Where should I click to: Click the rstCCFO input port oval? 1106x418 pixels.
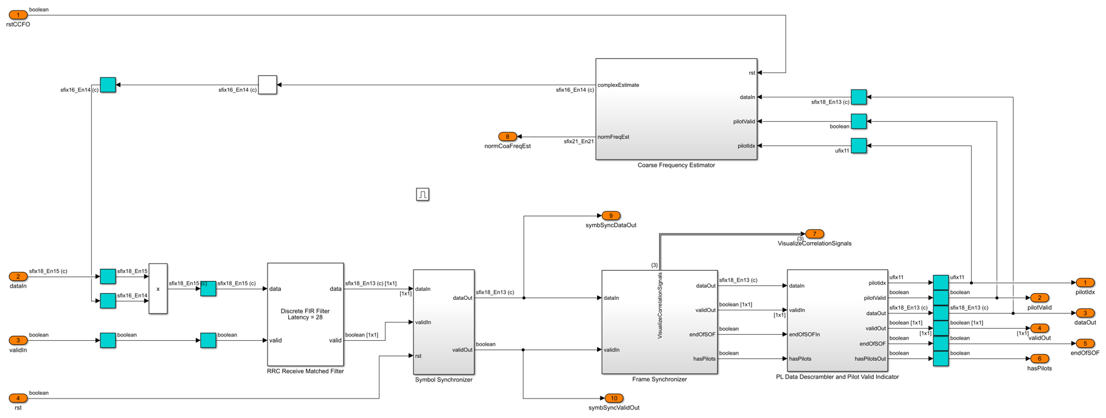18,15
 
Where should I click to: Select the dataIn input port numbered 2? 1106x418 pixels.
18,277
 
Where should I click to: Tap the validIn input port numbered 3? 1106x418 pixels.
18,341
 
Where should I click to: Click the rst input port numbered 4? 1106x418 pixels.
18,399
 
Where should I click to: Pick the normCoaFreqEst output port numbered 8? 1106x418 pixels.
508,137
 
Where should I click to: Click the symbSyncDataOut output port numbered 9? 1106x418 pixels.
611,216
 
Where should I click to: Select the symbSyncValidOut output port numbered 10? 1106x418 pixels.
614,399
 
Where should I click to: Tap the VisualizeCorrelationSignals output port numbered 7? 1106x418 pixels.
815,234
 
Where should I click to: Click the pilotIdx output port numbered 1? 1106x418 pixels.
1085,283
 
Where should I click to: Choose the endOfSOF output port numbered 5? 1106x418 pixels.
1085,344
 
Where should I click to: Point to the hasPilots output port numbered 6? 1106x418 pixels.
1040,359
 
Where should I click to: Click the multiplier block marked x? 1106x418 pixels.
158,289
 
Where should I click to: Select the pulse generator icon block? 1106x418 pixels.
423,194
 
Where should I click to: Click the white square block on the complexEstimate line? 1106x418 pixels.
268,85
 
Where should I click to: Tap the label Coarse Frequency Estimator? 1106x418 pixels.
676,165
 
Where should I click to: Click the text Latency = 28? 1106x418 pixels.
305,318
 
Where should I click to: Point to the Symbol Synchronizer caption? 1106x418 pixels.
444,380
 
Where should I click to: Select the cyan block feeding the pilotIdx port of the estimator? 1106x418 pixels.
859,146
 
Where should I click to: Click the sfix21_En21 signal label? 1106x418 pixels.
579,142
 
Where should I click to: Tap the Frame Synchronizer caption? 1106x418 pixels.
660,380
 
